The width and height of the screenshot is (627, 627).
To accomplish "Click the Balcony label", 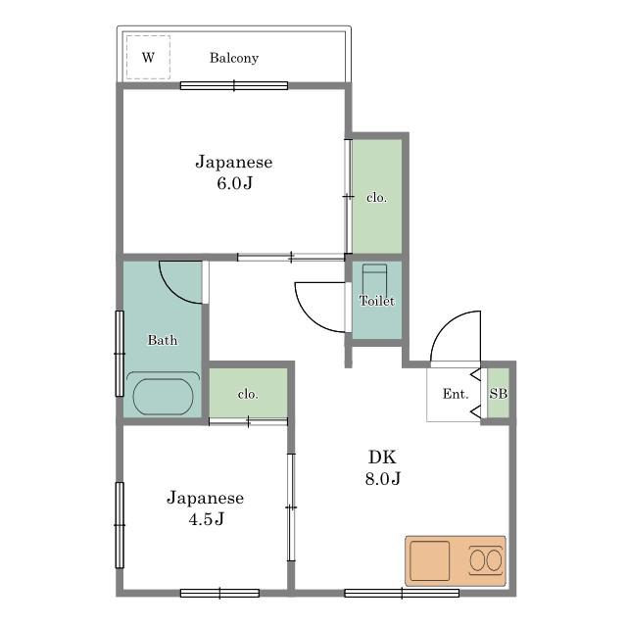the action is [x=234, y=58].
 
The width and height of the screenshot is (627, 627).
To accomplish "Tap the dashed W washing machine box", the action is [x=148, y=57].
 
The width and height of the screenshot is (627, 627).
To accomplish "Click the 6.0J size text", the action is [x=235, y=183].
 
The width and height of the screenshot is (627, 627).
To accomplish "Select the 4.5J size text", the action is [x=207, y=519].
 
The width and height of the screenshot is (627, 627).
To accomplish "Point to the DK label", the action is [x=382, y=457].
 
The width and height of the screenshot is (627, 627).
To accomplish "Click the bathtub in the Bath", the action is [x=163, y=396].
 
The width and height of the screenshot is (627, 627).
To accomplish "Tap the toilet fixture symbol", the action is [x=374, y=280].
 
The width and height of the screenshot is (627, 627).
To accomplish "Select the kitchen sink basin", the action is [x=430, y=560].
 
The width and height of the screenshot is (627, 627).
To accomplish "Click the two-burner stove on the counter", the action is [x=486, y=560].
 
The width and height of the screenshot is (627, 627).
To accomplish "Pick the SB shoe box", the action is [x=499, y=393].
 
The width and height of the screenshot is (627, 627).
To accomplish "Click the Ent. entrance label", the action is [x=456, y=394].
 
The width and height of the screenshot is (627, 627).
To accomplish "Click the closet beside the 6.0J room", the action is [x=377, y=196].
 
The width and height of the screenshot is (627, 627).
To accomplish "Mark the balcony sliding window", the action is [x=234, y=85].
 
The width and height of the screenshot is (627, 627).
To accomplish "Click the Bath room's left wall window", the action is [x=120, y=354].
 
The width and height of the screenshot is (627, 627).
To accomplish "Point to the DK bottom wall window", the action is [x=402, y=593].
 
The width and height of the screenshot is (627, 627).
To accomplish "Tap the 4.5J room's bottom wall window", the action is [x=219, y=593].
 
